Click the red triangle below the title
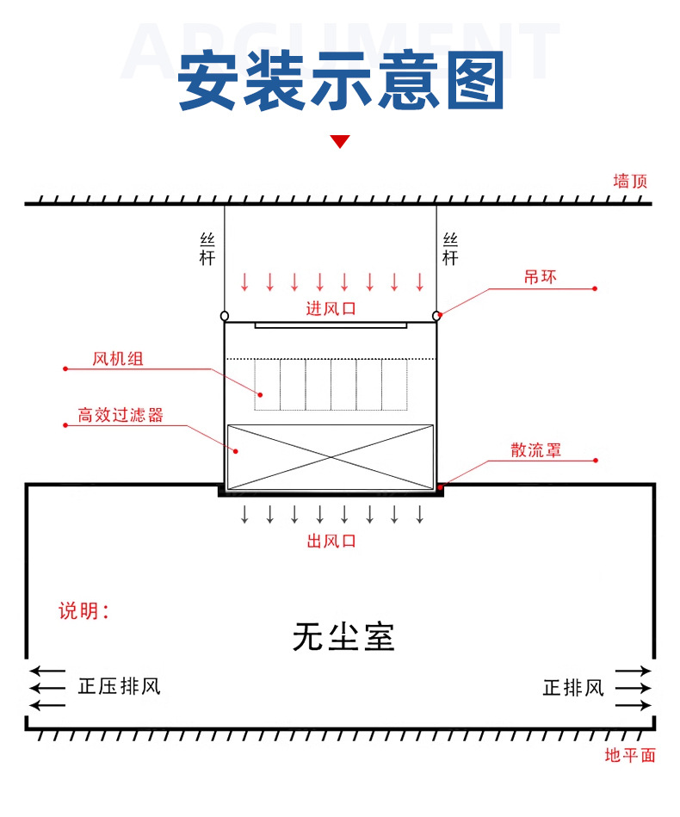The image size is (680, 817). (x=340, y=141)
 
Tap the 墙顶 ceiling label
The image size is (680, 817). (x=630, y=182)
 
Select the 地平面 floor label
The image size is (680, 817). (x=630, y=755)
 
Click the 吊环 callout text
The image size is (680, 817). (x=541, y=276)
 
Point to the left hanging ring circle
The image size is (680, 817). (x=225, y=316)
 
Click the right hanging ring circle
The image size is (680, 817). (x=436, y=316)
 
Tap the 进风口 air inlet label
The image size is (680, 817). (x=331, y=308)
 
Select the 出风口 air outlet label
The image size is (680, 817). (x=331, y=541)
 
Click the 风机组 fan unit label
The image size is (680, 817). (x=118, y=358)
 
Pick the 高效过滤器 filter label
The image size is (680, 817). (x=121, y=415)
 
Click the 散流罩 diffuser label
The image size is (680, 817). (x=535, y=449)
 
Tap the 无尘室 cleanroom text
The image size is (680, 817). (x=343, y=636)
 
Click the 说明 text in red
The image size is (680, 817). (x=83, y=610)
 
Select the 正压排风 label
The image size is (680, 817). (x=120, y=686)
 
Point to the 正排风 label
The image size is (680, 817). (x=573, y=688)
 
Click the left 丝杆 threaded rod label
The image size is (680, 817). (x=207, y=249)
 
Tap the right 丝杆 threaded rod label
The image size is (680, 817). (x=450, y=249)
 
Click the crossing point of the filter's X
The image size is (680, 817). (x=331, y=457)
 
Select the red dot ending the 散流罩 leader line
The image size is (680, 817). (x=596, y=460)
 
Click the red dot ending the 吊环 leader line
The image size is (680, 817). (x=595, y=288)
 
